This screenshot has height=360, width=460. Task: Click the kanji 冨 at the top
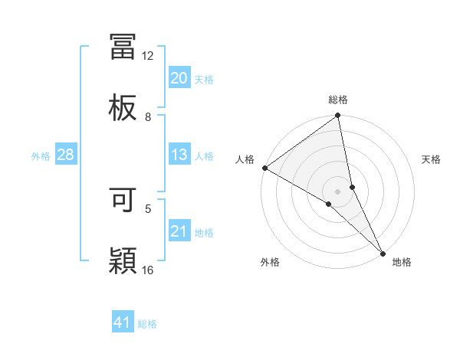point(123,47)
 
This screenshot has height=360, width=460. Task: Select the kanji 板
point(123,108)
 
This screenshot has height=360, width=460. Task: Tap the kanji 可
point(123,198)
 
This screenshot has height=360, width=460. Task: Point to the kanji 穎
point(123,260)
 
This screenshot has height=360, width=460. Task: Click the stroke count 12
point(148,56)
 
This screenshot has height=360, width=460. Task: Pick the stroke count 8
point(148,116)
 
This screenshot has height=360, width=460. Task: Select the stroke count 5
point(148,208)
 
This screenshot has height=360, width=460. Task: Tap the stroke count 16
point(148,269)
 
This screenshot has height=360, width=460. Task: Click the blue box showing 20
point(179,78)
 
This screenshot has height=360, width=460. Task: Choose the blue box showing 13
point(179,155)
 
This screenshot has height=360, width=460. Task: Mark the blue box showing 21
point(179,231)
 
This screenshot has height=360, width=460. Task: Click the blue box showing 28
point(65,155)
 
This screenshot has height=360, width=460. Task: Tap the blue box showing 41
point(123,322)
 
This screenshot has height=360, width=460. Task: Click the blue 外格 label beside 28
point(41,156)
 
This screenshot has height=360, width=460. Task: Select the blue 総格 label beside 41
point(147,324)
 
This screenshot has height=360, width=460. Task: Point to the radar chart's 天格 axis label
point(431,159)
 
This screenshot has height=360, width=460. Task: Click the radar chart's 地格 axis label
point(402,262)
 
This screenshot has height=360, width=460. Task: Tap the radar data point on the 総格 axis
point(338,116)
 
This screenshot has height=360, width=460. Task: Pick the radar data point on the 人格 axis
point(264,168)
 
